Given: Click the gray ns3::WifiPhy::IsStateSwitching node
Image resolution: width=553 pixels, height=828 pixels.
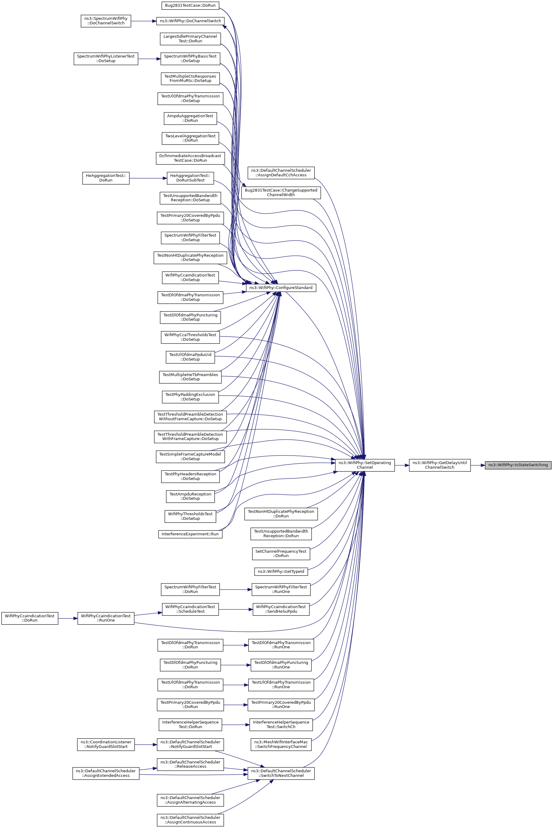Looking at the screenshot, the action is point(518,465).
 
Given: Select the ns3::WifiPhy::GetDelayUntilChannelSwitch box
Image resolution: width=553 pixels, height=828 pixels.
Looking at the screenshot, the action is point(439,465).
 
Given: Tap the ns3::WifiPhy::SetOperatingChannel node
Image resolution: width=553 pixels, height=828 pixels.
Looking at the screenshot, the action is point(365,465).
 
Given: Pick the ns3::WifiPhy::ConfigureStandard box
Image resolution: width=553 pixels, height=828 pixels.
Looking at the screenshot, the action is point(281,288).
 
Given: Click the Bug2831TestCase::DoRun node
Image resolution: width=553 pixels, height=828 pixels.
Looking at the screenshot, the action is point(190,5).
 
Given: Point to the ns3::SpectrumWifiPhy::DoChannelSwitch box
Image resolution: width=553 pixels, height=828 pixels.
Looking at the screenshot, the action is point(106,21).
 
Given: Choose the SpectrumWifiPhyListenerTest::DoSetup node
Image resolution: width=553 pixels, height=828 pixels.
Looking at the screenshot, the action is point(106,58).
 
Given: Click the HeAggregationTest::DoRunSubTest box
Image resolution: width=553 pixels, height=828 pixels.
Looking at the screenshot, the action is point(190,178).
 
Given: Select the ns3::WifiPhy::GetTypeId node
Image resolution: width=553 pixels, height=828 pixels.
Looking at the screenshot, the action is point(281,571).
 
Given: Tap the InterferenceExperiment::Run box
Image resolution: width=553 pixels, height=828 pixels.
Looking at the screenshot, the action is point(190,534).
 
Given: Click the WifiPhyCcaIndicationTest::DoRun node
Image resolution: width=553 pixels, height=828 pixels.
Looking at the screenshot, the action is point(30,618).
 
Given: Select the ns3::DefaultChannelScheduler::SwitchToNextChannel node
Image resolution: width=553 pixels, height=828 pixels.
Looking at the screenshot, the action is point(281,773).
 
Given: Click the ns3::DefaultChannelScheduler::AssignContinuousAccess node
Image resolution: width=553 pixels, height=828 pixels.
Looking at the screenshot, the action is point(190,819).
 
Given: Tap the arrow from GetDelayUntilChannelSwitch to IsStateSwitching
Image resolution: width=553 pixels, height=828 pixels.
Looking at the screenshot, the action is point(477,465).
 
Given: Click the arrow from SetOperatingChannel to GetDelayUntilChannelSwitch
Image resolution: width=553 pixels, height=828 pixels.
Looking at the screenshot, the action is point(402,465).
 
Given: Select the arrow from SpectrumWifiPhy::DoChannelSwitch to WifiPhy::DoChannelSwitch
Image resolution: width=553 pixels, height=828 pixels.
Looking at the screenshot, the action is point(143,21).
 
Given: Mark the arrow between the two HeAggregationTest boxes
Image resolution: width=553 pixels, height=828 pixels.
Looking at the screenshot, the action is point(148,178).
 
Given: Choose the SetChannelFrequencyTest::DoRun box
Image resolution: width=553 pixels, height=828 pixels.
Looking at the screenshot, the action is point(281,553).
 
